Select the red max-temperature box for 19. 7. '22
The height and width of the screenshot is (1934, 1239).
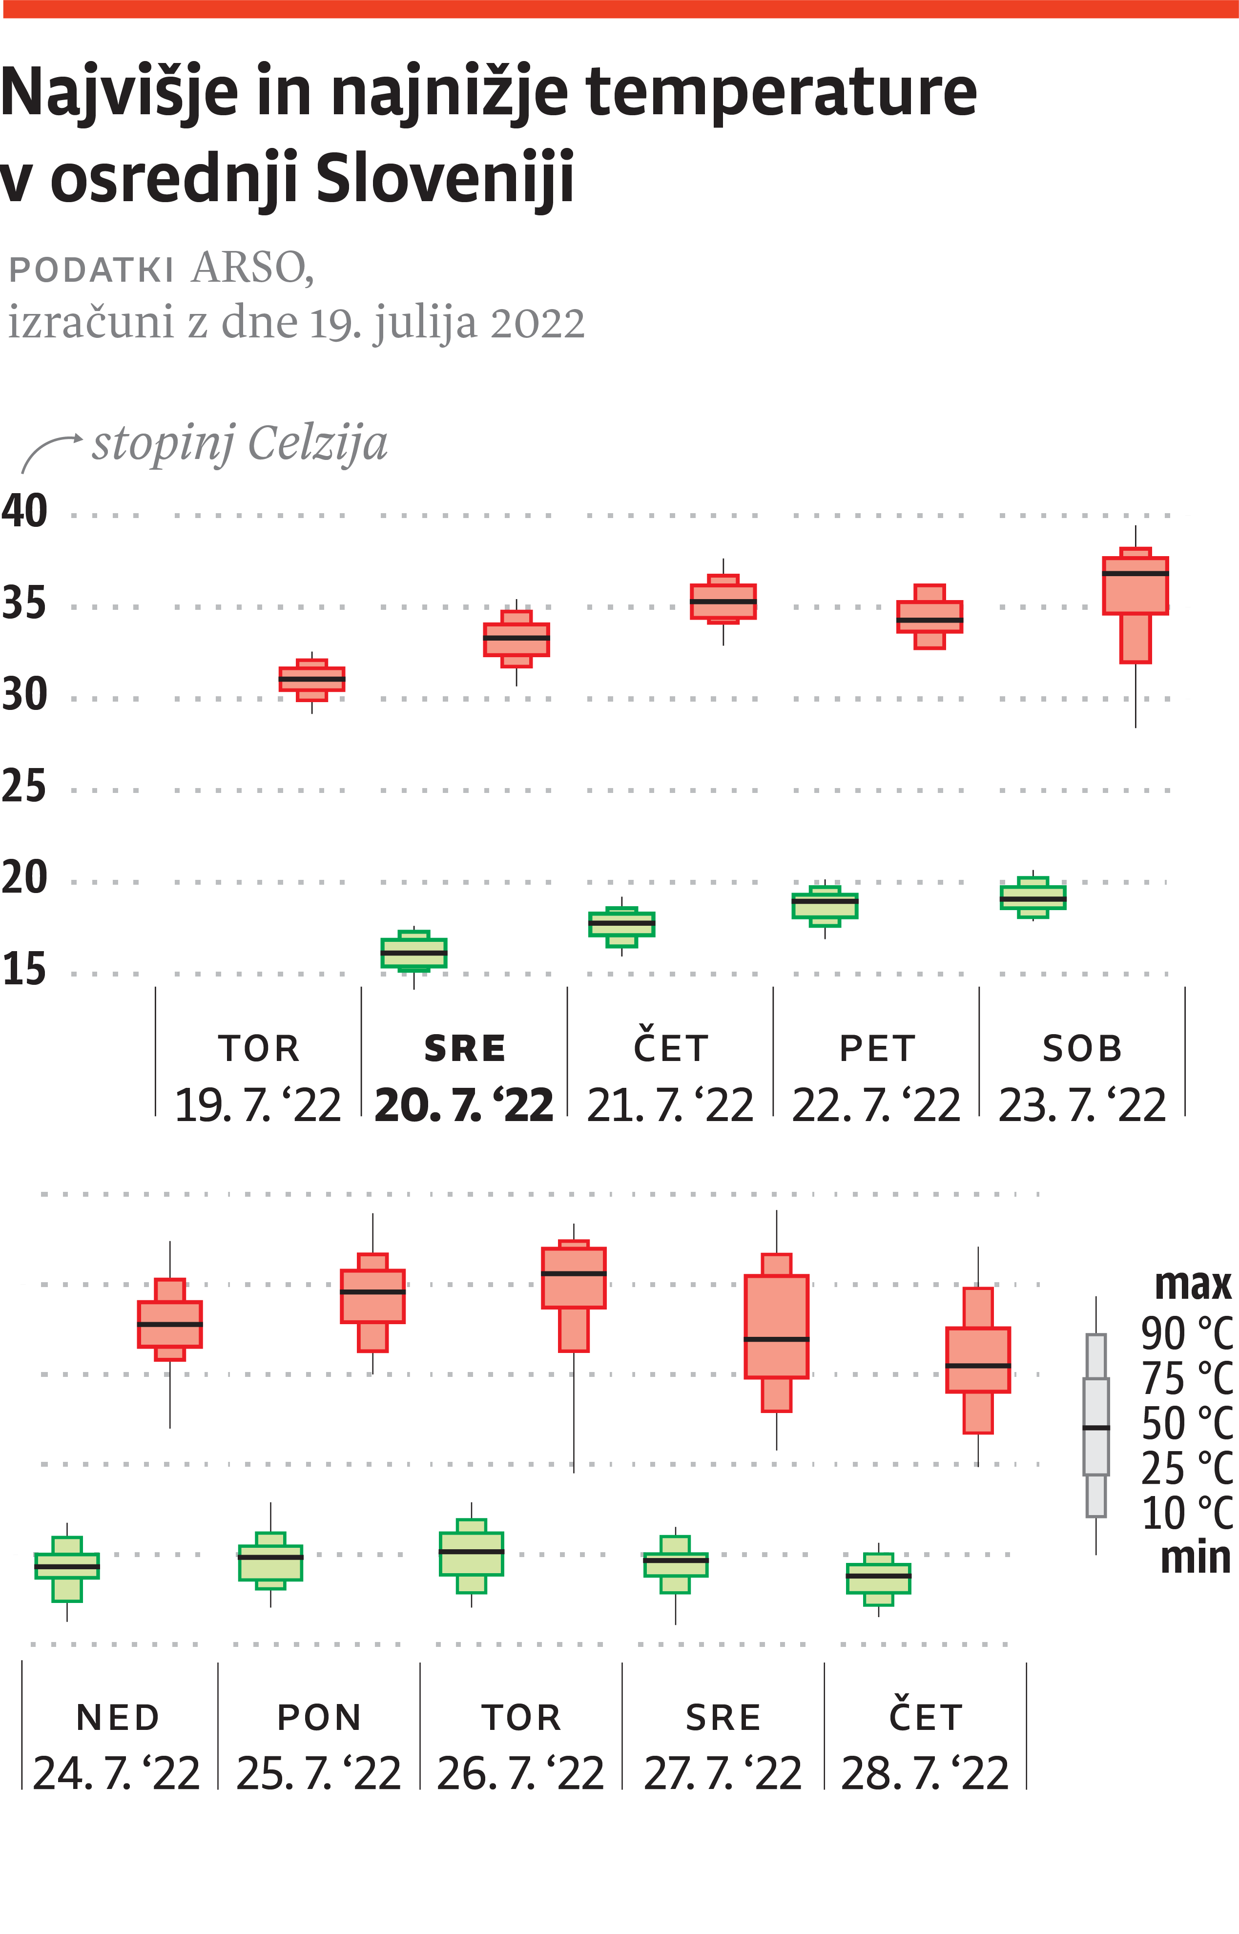pos(312,680)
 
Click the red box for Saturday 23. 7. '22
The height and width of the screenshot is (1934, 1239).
pos(1135,595)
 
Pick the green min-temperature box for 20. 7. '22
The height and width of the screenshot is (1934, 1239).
pos(413,953)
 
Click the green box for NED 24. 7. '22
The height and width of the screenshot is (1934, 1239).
pos(67,1567)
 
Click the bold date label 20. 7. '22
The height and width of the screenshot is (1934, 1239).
pos(464,1105)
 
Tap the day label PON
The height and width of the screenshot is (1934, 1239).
pos(319,1718)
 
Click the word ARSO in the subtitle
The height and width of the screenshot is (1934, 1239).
pos(252,268)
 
